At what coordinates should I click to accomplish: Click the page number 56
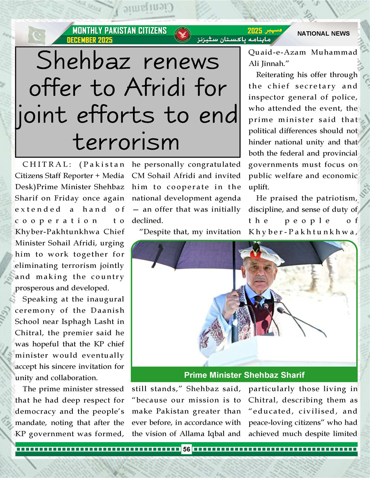click(x=187, y=450)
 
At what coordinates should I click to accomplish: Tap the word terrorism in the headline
click(x=126, y=142)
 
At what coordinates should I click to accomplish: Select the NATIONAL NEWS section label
click(x=323, y=34)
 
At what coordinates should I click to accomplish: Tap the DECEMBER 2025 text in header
click(x=90, y=40)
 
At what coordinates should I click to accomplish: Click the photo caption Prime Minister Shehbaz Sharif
click(x=244, y=375)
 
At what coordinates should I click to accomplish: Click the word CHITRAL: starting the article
click(x=41, y=165)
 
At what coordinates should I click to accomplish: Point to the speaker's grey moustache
click(x=260, y=279)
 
